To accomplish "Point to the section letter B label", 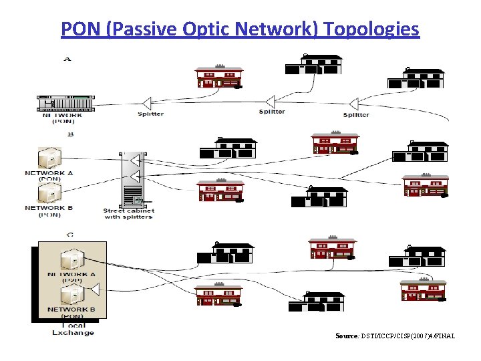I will coord(71,134).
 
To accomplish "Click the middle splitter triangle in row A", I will coord(271,102).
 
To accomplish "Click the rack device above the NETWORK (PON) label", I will coord(65,103).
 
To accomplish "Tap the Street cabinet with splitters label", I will coord(129,214).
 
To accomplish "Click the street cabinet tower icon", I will coord(132,180).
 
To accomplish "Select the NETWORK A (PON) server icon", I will coord(49,158).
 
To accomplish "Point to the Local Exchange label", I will coord(73,329).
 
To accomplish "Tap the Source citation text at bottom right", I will coord(395,336).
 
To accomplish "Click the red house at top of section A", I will coord(218,76).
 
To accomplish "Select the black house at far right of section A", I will coord(416,79).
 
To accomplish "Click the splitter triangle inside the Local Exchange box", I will coord(96,289).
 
